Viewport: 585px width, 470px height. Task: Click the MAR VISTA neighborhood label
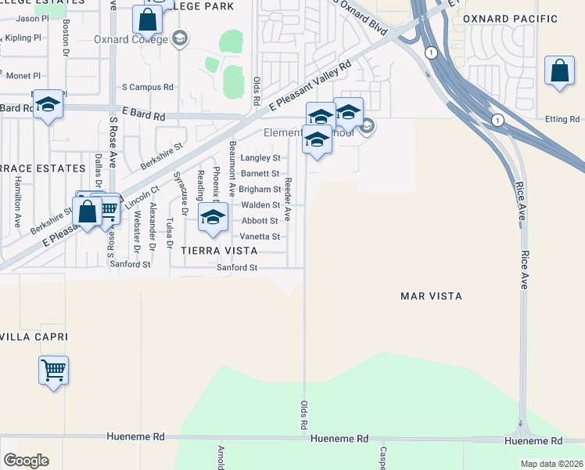point(431,296)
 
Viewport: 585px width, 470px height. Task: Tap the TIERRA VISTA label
point(219,251)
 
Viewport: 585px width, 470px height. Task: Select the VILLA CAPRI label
point(33,337)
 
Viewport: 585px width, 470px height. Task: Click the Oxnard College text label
point(130,40)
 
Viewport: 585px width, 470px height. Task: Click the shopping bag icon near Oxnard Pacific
point(559,72)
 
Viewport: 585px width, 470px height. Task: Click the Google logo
point(26,461)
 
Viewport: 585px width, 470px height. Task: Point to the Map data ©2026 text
point(552,464)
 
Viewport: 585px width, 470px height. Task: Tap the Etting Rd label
point(562,119)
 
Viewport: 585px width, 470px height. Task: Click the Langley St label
point(260,158)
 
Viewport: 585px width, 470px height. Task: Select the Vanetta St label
point(260,237)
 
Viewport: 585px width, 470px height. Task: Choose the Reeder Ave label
point(288,198)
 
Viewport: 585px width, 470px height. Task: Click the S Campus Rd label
point(147,88)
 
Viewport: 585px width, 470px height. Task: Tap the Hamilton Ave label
point(17,201)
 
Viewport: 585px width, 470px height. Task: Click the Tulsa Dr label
point(170,233)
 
